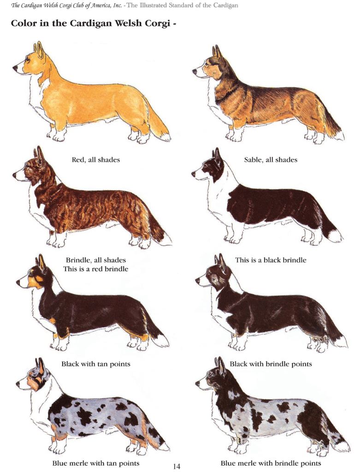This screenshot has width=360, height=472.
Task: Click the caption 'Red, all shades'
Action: [96, 160]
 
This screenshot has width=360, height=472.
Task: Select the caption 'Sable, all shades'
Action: [271, 160]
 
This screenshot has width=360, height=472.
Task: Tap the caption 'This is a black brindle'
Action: [271, 260]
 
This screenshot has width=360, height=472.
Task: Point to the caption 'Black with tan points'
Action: [96, 364]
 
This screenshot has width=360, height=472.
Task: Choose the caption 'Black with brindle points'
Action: [271, 364]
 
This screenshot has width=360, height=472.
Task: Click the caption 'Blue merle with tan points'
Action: [96, 463]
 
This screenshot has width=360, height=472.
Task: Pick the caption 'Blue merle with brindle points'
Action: [271, 463]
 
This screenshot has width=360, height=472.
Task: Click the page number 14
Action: [177, 466]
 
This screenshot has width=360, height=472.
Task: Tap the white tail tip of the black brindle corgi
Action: [334, 236]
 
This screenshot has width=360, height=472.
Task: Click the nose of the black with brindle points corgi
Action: [198, 281]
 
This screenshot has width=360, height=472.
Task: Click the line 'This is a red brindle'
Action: [96, 269]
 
